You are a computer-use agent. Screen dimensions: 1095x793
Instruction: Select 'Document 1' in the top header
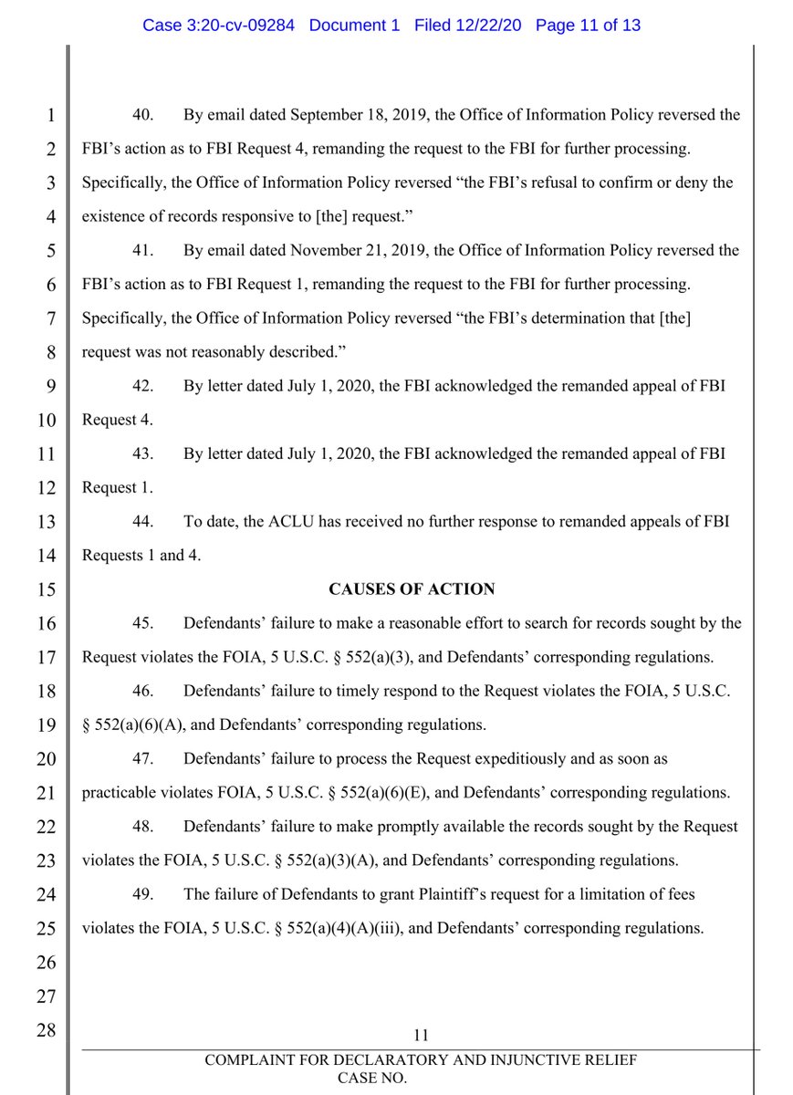(354, 25)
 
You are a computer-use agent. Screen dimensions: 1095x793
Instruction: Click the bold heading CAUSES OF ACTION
(413, 589)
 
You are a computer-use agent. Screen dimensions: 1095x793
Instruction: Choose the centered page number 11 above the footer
(421, 1034)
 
